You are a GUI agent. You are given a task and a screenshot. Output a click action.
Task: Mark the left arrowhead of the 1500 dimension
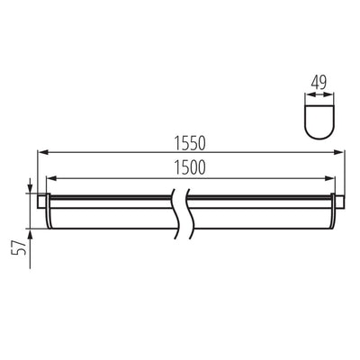pyautogui.click(x=50, y=176)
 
